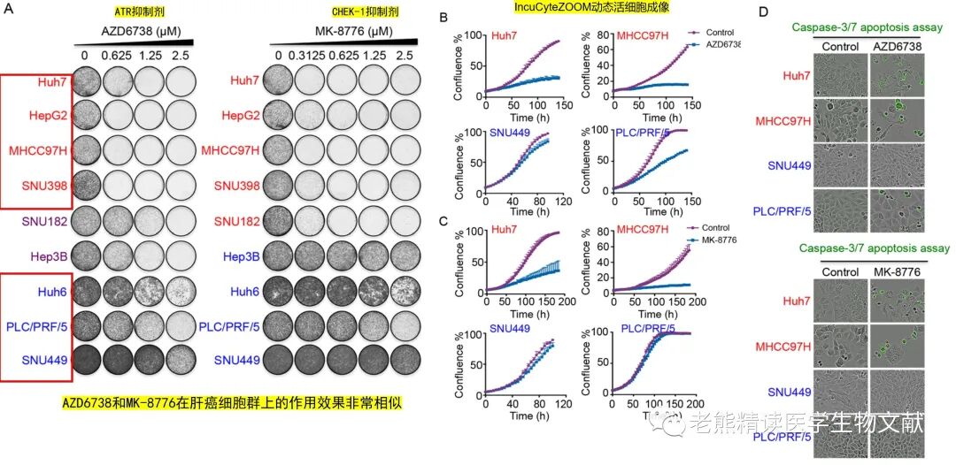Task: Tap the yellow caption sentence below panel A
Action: pyautogui.click(x=232, y=403)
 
